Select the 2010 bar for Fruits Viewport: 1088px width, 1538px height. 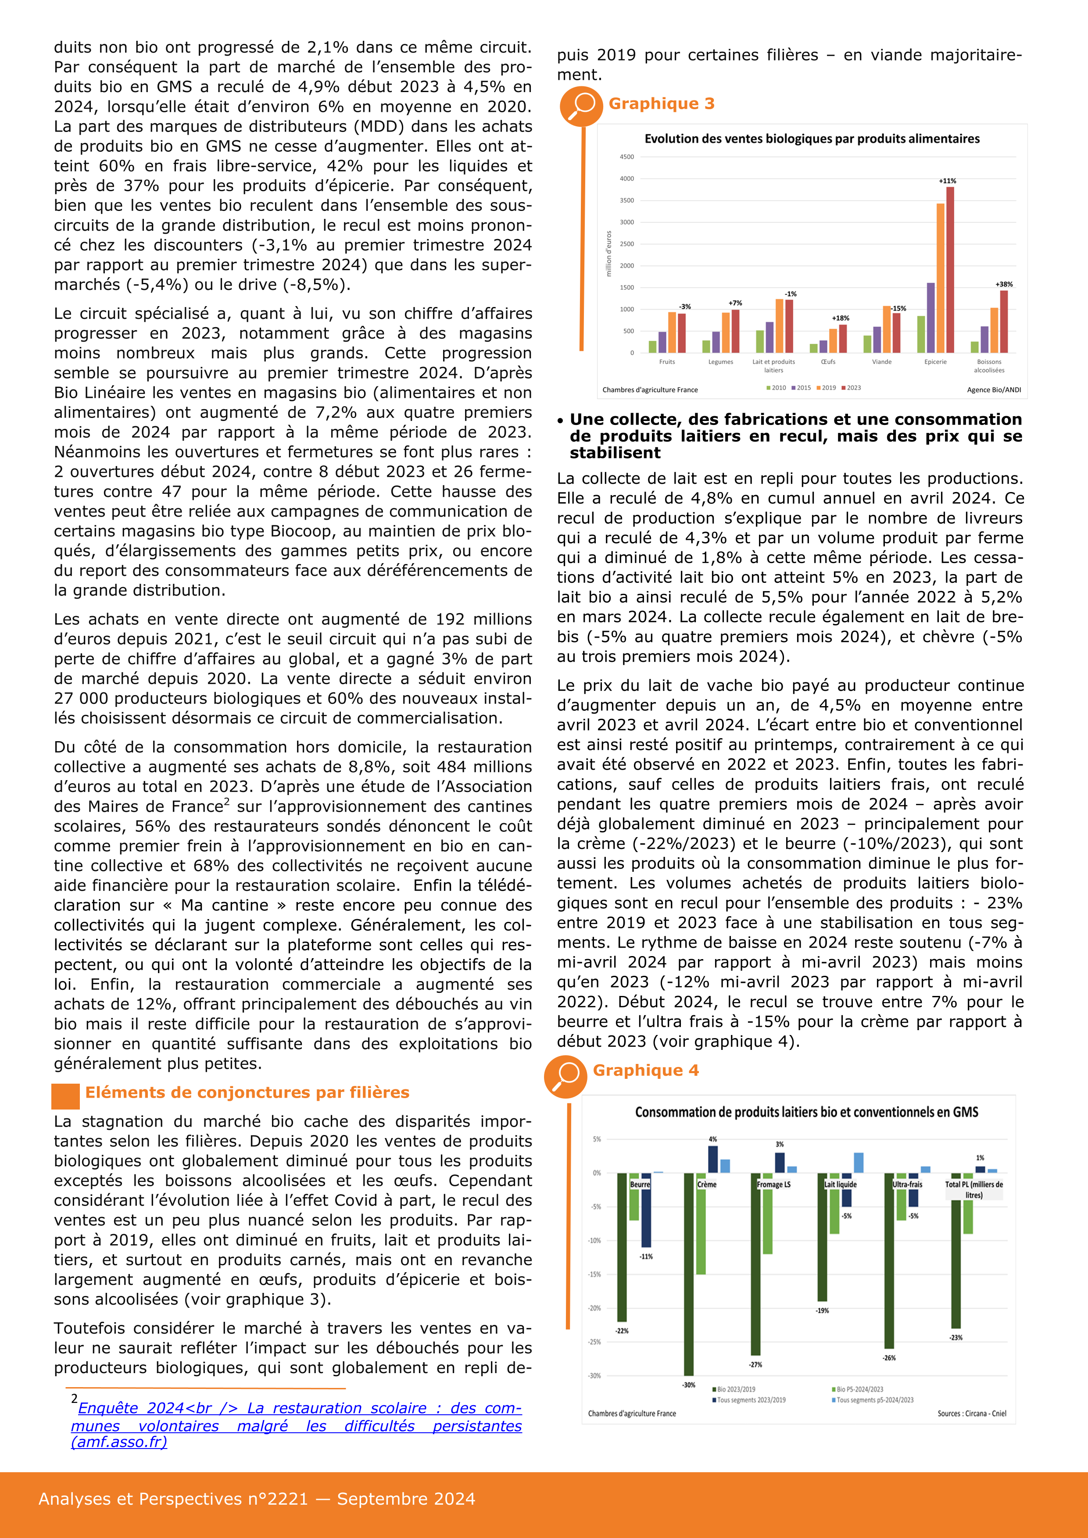(652, 346)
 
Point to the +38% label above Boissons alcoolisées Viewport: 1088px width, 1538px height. (1004, 284)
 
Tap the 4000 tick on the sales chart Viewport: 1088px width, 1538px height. (626, 179)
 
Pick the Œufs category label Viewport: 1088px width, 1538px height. (828, 362)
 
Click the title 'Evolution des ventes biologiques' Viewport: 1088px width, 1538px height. (811, 139)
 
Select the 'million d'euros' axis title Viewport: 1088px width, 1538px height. (608, 254)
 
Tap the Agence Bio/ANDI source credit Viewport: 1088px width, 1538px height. (994, 390)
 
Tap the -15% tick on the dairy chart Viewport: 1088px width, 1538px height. (594, 1274)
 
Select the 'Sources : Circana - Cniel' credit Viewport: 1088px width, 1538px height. (971, 1413)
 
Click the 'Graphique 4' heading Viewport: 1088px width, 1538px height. (645, 1071)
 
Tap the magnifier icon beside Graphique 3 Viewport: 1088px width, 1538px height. (581, 105)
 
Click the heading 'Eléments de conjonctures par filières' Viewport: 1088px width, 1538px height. (247, 1092)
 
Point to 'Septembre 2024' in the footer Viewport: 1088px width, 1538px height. (405, 1499)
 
